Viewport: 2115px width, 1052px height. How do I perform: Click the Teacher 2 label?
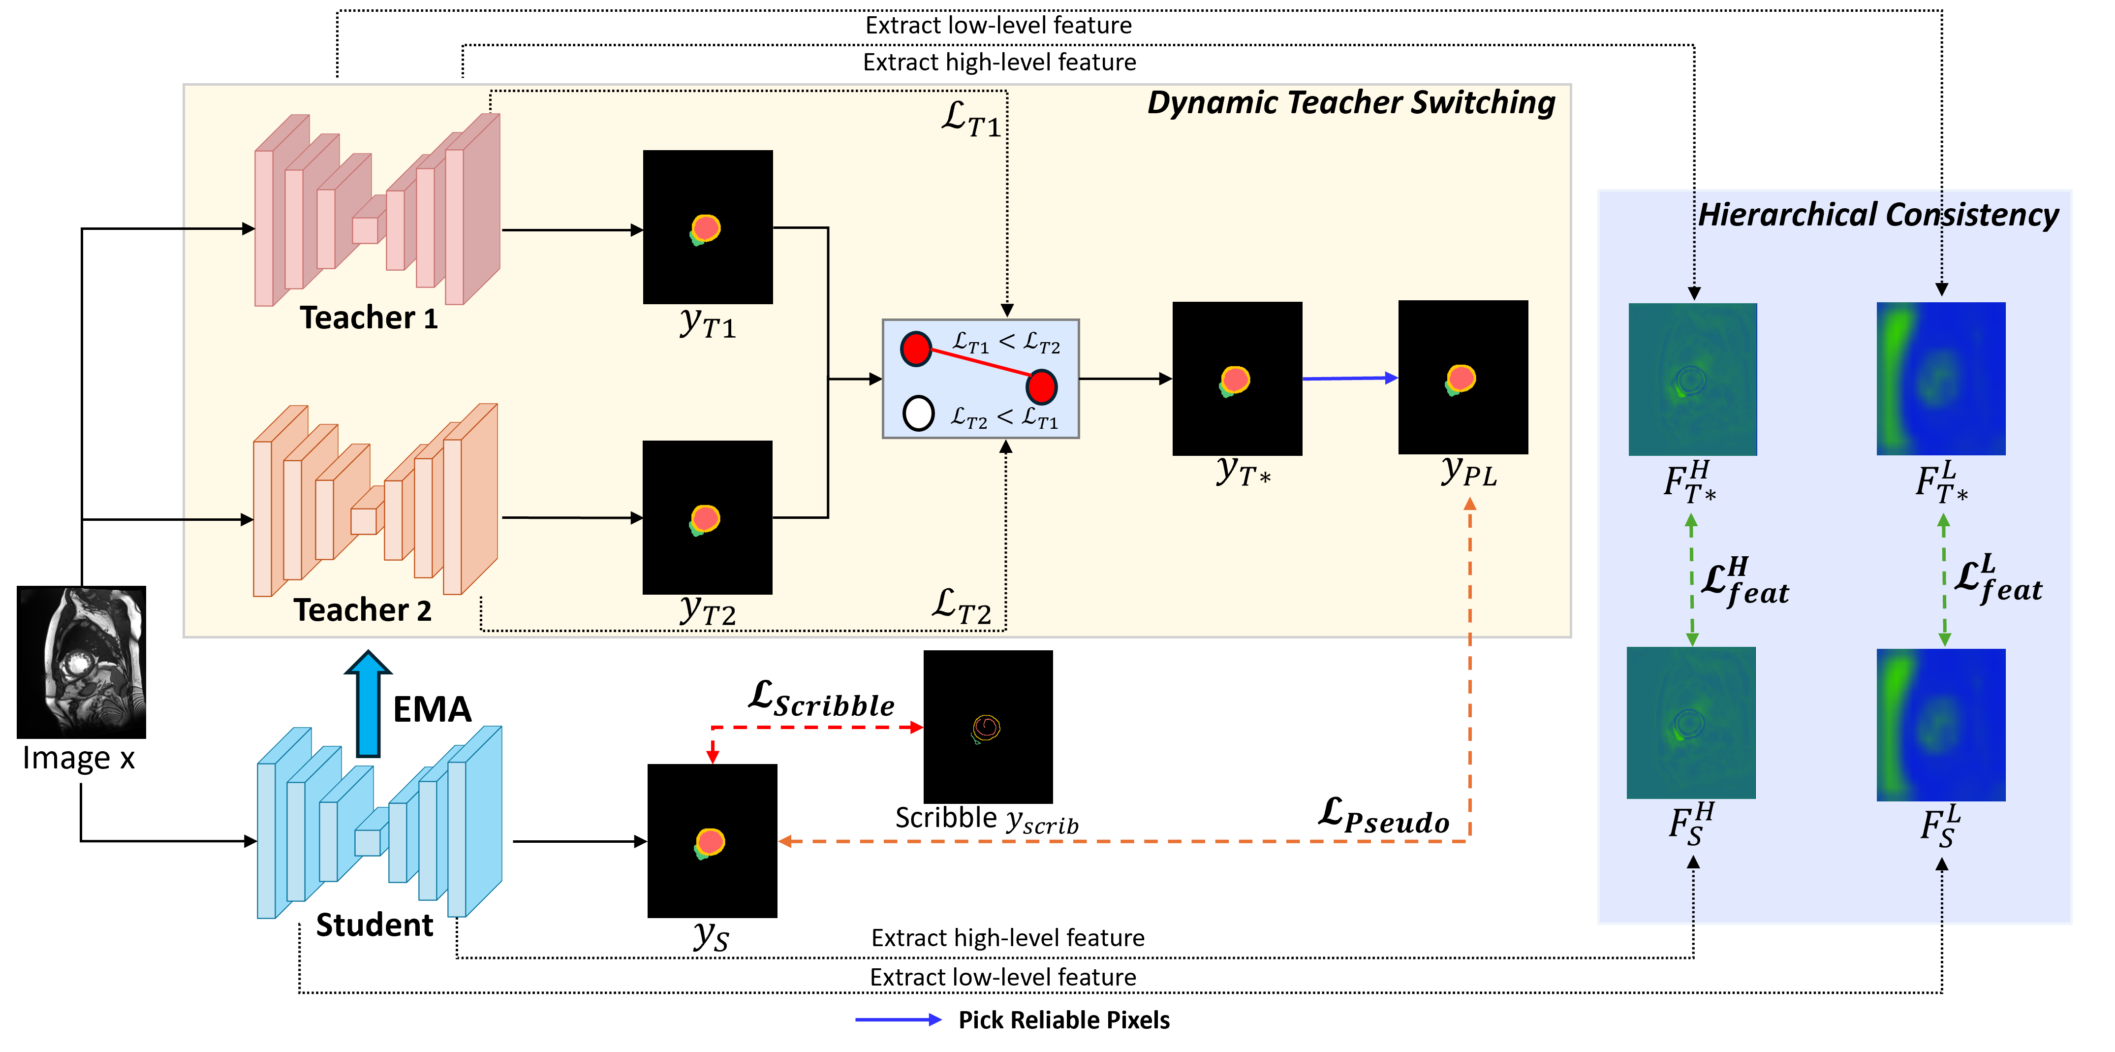coord(362,610)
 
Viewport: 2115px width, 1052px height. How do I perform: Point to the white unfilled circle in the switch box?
coord(918,413)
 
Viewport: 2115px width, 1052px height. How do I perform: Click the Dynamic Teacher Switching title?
coord(1351,103)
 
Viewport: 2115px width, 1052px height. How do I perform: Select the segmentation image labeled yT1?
coord(708,226)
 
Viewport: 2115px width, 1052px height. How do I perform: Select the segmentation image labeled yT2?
coord(707,517)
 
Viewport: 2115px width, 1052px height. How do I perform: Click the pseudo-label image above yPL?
coord(1463,377)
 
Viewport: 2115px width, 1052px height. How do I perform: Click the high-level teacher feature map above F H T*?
coord(1692,380)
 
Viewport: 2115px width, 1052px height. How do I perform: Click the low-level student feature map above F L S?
coord(1941,724)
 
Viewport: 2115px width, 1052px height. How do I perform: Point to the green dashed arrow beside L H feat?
coord(1691,580)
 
